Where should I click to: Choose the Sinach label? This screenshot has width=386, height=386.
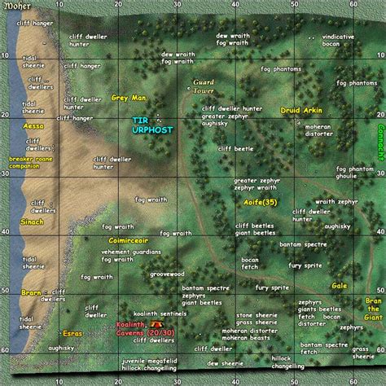pos(32,221)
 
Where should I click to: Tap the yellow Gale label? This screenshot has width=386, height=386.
pos(339,286)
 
